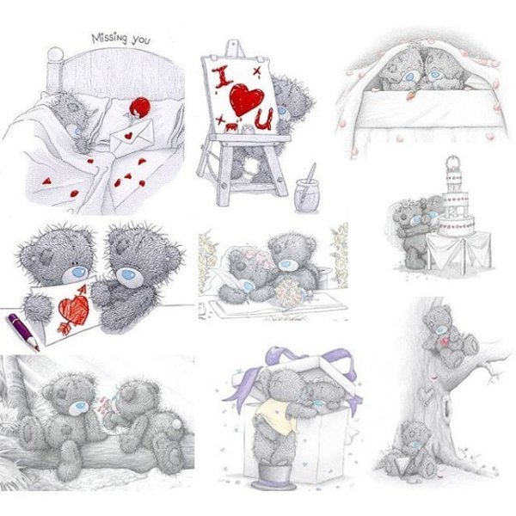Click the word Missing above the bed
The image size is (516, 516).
tap(109, 38)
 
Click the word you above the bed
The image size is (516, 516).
tap(141, 40)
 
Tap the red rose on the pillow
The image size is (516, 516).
tap(138, 107)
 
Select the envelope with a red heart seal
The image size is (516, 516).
tap(132, 136)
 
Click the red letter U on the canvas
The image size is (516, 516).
tap(264, 120)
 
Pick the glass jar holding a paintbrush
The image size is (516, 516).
tap(307, 195)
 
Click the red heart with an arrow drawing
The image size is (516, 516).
tap(73, 310)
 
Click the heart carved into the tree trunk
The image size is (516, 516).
tap(427, 394)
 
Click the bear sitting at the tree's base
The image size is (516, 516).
tap(411, 450)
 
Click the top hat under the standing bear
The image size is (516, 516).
tap(273, 476)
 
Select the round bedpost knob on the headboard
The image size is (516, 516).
tap(55, 54)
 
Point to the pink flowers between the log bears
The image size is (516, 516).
tap(105, 405)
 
